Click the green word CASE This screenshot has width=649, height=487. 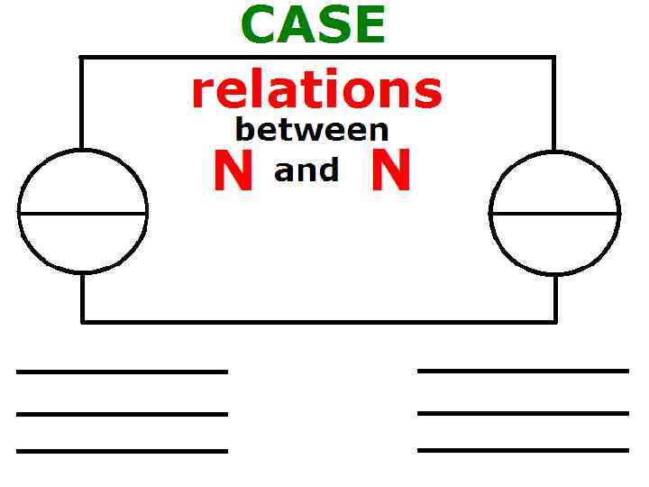[313, 25]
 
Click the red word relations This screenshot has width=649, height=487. [316, 91]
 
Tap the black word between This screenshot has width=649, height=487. [311, 130]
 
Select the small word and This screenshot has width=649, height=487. [306, 170]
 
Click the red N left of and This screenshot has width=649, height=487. [233, 171]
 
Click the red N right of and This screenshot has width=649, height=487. [391, 171]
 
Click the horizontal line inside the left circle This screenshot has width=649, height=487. [83, 214]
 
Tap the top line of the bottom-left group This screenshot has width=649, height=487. [122, 371]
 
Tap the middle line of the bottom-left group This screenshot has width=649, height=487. [122, 414]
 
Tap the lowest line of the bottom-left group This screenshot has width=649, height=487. [122, 450]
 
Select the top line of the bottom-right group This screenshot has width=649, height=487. [523, 370]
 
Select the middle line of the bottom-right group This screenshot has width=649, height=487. [523, 413]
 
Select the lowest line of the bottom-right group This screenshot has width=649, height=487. [523, 449]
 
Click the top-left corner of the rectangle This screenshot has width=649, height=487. [82, 58]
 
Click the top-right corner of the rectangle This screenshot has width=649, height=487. [553, 58]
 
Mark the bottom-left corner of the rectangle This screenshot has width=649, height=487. [82, 320]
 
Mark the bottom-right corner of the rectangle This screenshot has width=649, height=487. [554, 320]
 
